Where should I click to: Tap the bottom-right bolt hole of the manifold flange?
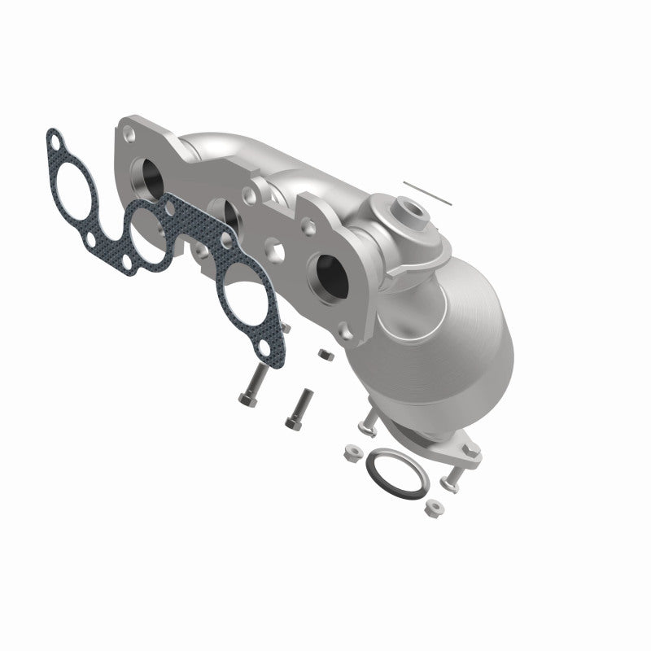point(347,333)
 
